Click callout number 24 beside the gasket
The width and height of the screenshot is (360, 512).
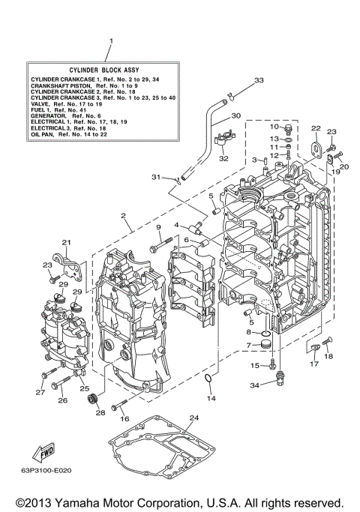193,418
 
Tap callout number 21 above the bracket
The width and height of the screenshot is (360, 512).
66,241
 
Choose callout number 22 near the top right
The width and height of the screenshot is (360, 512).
316,128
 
